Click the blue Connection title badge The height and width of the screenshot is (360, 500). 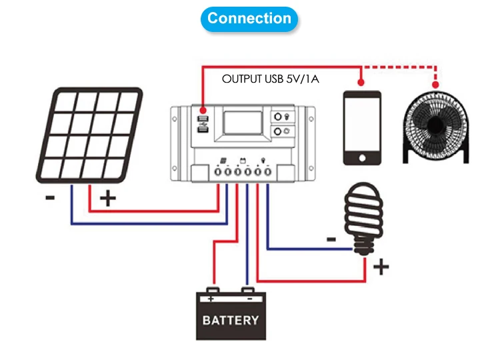pos(249,19)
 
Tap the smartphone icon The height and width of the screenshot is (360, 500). pos(362,127)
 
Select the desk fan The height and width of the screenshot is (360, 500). pos(437,127)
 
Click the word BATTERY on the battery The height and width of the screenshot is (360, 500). pos(230,320)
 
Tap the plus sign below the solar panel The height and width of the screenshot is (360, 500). pos(107,199)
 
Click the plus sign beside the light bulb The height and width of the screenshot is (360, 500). pos(381,268)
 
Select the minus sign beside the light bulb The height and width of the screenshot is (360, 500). pos(331,238)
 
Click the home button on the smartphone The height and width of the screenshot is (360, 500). pos(362,158)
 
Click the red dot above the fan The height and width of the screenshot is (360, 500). pos(437,83)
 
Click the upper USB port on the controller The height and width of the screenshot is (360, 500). pos(203,120)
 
